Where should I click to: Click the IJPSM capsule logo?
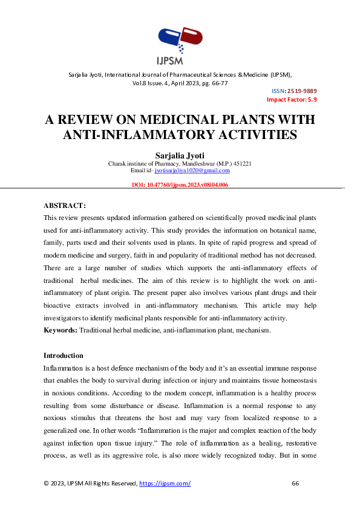point(180,42)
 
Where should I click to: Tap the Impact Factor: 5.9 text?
point(292,99)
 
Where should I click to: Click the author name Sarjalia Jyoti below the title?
point(180,155)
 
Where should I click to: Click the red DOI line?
point(180,185)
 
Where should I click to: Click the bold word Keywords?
point(61,331)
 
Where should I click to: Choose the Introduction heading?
point(64,355)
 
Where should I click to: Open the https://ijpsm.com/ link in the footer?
point(165,483)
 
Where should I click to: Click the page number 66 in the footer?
point(296,483)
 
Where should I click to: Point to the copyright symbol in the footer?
point(47,483)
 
